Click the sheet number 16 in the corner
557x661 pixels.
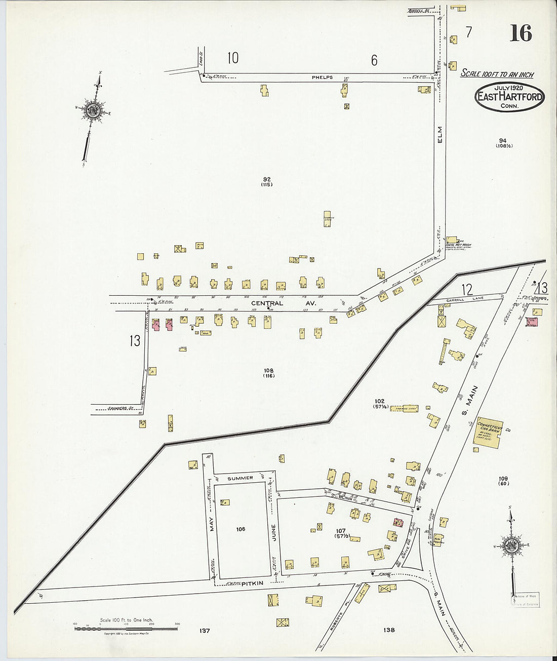point(521,33)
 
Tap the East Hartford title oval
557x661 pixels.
point(509,96)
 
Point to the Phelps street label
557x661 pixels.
point(322,77)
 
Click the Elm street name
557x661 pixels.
point(440,134)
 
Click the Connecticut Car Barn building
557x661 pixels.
point(488,432)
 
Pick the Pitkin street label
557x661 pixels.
point(252,584)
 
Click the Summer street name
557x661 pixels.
point(240,478)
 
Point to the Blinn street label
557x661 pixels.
point(346,497)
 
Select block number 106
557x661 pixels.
point(241,529)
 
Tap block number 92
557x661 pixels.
point(267,179)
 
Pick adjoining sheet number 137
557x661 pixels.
point(205,631)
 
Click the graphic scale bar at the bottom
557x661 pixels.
point(126,629)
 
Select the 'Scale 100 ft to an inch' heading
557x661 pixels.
point(497,74)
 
